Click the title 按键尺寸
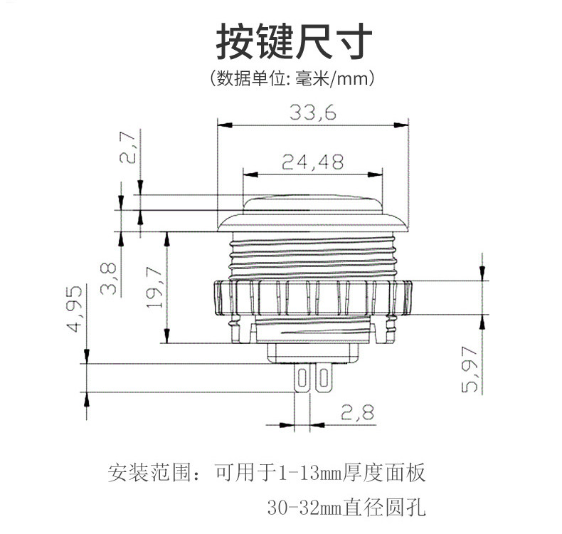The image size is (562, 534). [x=294, y=41]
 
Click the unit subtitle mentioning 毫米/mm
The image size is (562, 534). [x=292, y=78]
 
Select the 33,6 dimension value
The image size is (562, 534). [x=313, y=112]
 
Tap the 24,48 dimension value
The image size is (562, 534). [x=312, y=162]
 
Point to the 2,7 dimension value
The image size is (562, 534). [x=127, y=147]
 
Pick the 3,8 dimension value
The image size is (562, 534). [x=108, y=278]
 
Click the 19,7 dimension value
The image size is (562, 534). [x=155, y=288]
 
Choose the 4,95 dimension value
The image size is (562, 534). [x=74, y=309]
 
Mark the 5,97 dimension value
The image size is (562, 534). [x=470, y=369]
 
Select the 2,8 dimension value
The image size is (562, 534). [x=357, y=412]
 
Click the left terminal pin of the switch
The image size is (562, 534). [x=302, y=378]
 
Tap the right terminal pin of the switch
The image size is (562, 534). [x=324, y=378]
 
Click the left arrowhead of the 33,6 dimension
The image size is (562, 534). [x=225, y=125]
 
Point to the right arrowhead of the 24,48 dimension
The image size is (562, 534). [x=376, y=174]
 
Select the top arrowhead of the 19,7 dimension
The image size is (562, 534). [x=166, y=239]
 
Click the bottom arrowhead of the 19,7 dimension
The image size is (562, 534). [x=166, y=336]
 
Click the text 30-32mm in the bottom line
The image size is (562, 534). [x=304, y=508]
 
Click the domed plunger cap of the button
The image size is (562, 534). [x=312, y=204]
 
